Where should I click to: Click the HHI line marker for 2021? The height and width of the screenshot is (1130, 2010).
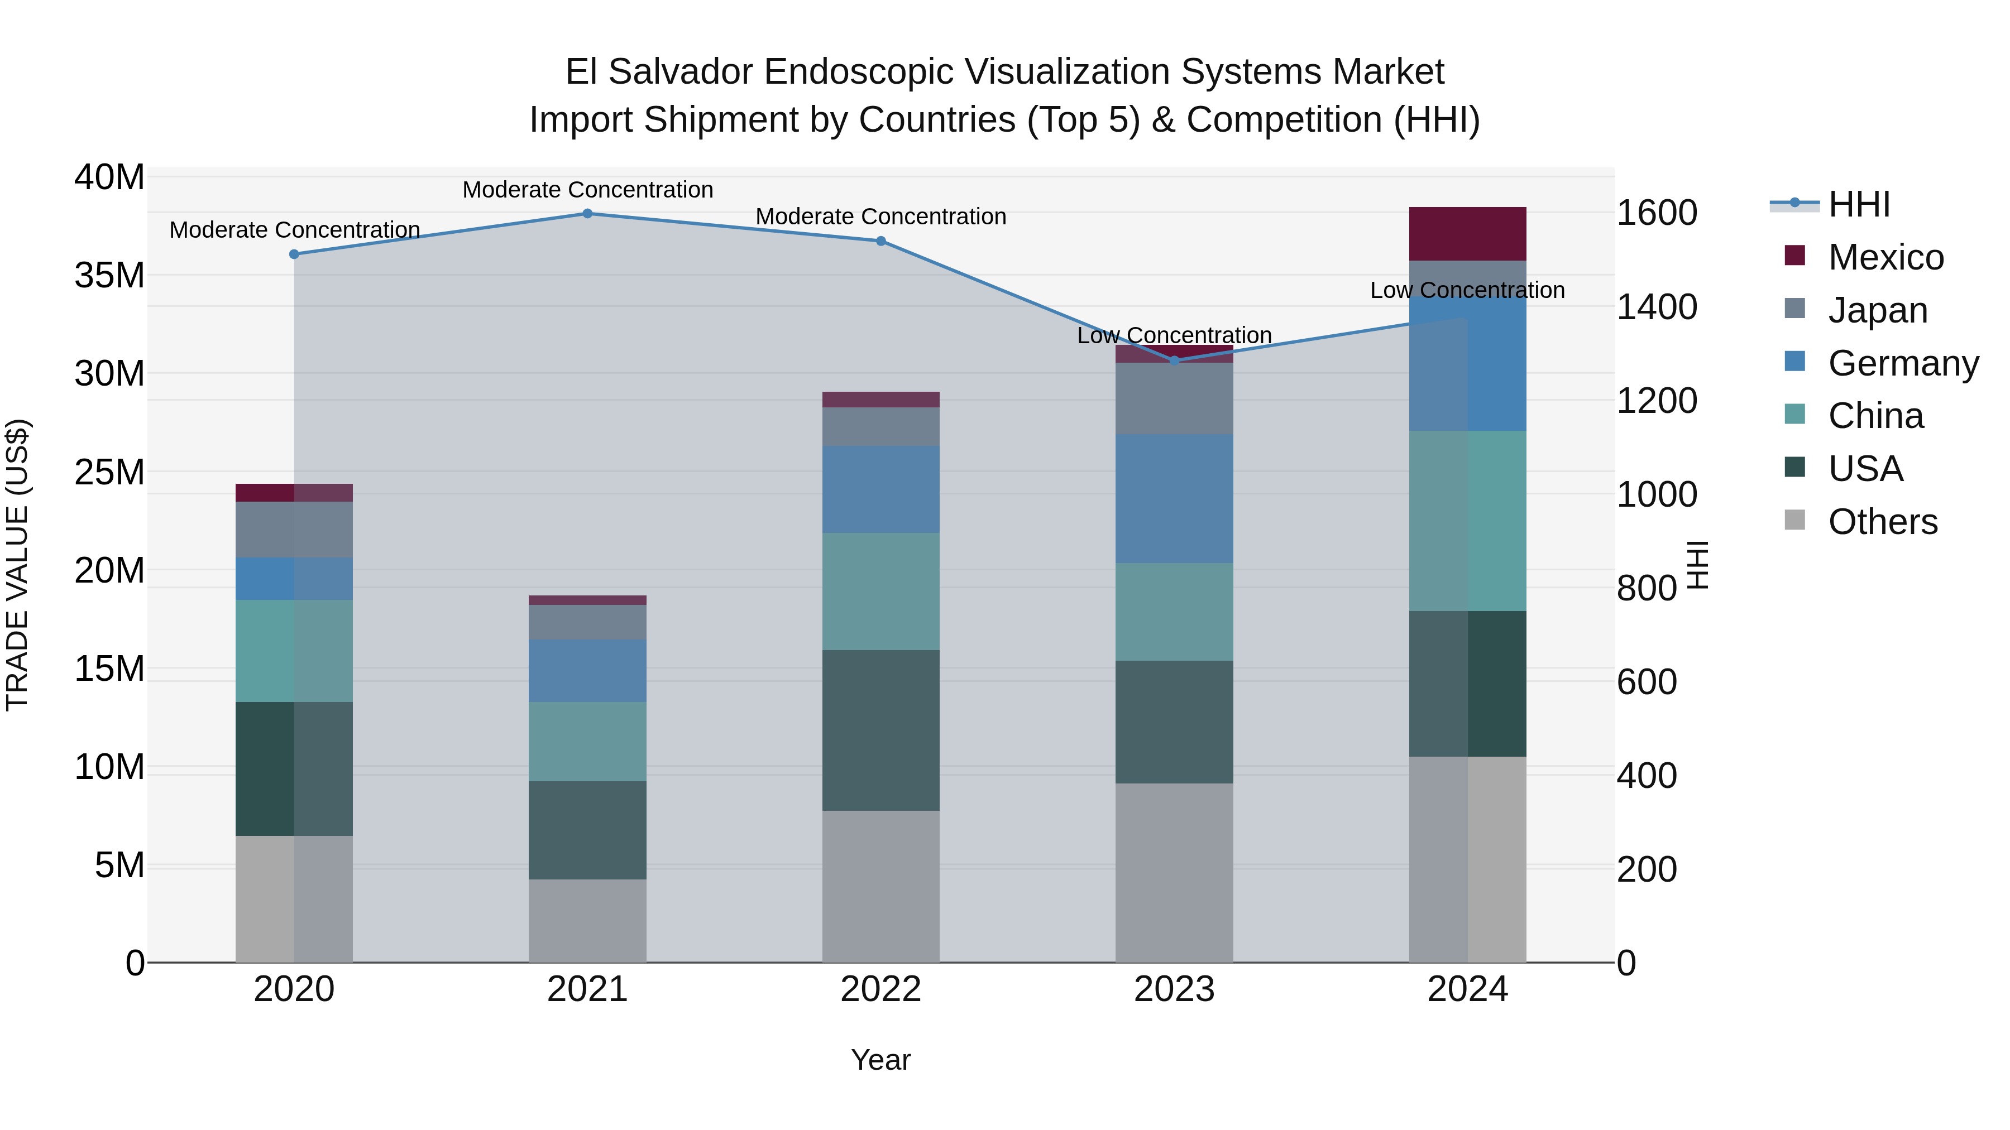pos(587,214)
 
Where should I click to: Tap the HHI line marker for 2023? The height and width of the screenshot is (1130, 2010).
pos(1174,360)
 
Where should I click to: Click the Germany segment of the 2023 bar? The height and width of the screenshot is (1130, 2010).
pos(1174,498)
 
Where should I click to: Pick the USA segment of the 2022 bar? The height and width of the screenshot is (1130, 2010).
pos(881,730)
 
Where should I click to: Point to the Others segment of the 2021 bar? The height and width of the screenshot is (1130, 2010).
pos(587,920)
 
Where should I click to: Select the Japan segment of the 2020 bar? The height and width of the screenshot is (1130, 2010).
pos(294,529)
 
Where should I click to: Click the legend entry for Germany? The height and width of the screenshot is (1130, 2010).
pos(1902,363)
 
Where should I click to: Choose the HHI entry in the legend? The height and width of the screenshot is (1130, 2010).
pos(1859,204)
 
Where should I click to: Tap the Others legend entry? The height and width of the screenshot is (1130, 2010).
pos(1882,522)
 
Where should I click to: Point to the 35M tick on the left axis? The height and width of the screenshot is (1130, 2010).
pos(109,275)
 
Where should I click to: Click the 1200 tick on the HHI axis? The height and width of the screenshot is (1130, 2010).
pos(1657,401)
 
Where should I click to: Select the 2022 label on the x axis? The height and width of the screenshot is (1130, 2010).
pos(881,989)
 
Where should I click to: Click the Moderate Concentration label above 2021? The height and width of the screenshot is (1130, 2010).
pos(587,190)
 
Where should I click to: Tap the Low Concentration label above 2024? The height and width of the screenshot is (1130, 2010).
pos(1467,290)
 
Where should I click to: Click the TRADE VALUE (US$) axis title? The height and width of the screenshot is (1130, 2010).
pos(18,565)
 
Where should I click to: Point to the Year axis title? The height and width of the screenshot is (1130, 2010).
pos(881,1060)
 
